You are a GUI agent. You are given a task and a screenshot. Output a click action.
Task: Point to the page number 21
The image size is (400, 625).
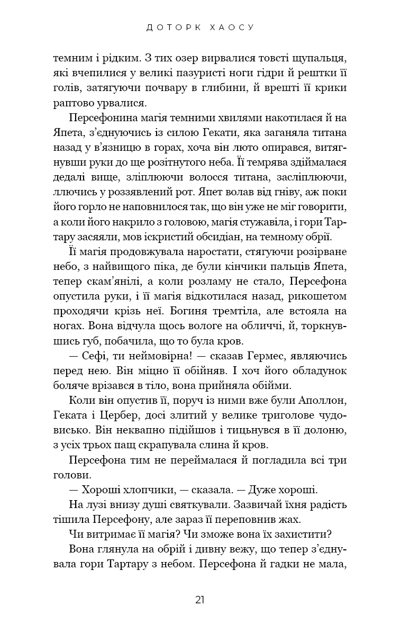[200, 600]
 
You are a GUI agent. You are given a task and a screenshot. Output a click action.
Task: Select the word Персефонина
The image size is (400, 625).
[103, 117]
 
